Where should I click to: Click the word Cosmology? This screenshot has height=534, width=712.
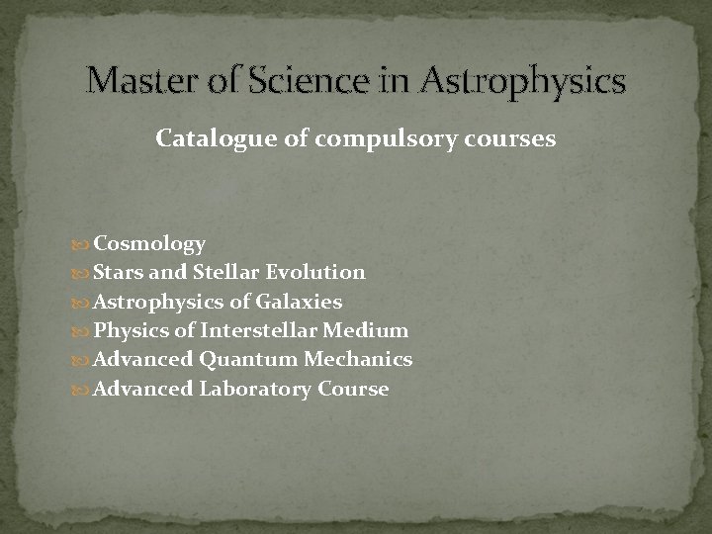[x=149, y=244]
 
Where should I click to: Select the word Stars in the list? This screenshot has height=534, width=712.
[x=119, y=272]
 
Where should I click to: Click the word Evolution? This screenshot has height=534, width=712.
[x=316, y=272]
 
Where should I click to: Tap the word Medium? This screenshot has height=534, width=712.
[x=368, y=330]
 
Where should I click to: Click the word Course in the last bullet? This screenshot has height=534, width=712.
[x=353, y=389]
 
